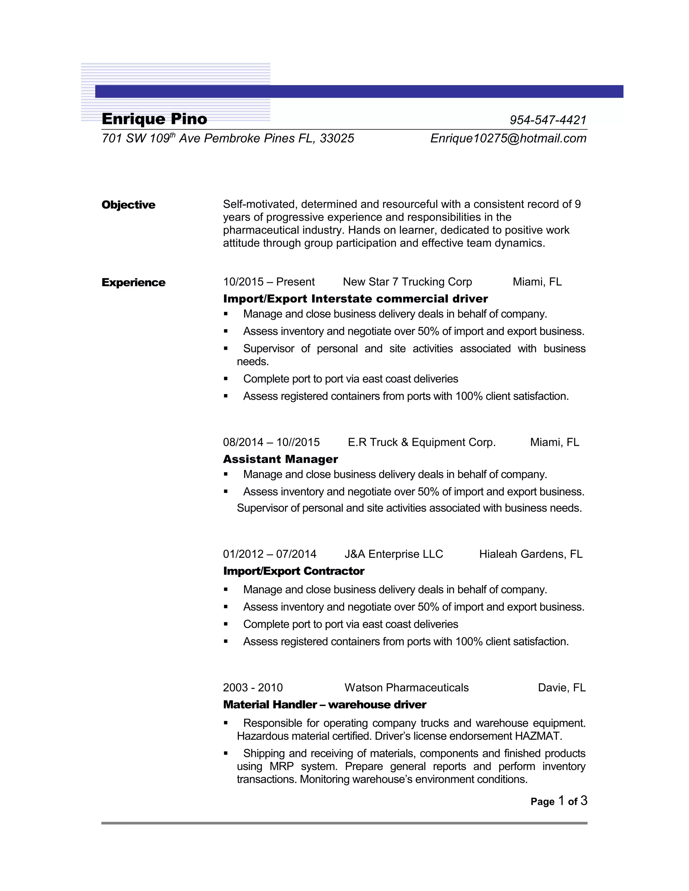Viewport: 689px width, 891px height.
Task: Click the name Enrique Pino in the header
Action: (154, 119)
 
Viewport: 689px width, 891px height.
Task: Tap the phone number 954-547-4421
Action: (548, 120)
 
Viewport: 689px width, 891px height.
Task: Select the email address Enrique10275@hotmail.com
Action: (508, 139)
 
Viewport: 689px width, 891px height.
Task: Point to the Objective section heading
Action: (128, 205)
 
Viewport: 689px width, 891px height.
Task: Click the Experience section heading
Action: (134, 282)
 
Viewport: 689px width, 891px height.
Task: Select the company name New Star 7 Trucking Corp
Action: (407, 282)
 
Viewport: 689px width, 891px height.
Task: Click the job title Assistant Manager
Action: (281, 459)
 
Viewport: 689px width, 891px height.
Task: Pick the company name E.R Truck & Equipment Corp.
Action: (422, 442)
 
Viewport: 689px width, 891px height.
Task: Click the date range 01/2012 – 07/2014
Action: (269, 554)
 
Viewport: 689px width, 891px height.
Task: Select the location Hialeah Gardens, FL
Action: (531, 554)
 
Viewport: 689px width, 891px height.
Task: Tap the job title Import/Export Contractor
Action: (293, 571)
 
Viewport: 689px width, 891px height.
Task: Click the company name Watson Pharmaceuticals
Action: (406, 688)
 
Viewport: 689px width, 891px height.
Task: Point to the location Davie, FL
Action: (561, 688)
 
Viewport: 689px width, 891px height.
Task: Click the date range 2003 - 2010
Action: (253, 688)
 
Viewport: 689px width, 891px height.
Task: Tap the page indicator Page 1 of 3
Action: (559, 801)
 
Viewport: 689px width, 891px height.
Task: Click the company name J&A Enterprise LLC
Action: (394, 554)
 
